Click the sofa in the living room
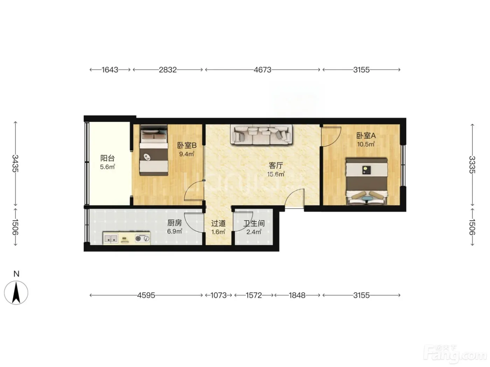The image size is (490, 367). click(x=261, y=135)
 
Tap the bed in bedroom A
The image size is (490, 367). click(x=366, y=181)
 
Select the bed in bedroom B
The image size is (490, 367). click(x=154, y=150)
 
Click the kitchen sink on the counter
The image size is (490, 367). click(x=111, y=239)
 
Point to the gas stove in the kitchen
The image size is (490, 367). click(x=142, y=239)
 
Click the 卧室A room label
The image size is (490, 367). click(x=366, y=136)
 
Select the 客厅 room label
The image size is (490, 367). click(x=276, y=165)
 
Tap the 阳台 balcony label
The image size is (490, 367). click(x=107, y=158)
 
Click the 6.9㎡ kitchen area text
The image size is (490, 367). click(x=175, y=231)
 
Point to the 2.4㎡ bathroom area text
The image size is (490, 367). click(x=254, y=232)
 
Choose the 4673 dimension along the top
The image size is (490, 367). click(x=262, y=70)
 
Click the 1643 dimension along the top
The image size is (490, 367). click(x=110, y=70)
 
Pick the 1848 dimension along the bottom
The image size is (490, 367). click(x=297, y=295)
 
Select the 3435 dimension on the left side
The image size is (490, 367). click(x=15, y=163)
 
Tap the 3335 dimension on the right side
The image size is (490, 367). click(x=472, y=165)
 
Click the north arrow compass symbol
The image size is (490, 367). click(x=16, y=293)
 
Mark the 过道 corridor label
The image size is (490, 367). click(x=218, y=223)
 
